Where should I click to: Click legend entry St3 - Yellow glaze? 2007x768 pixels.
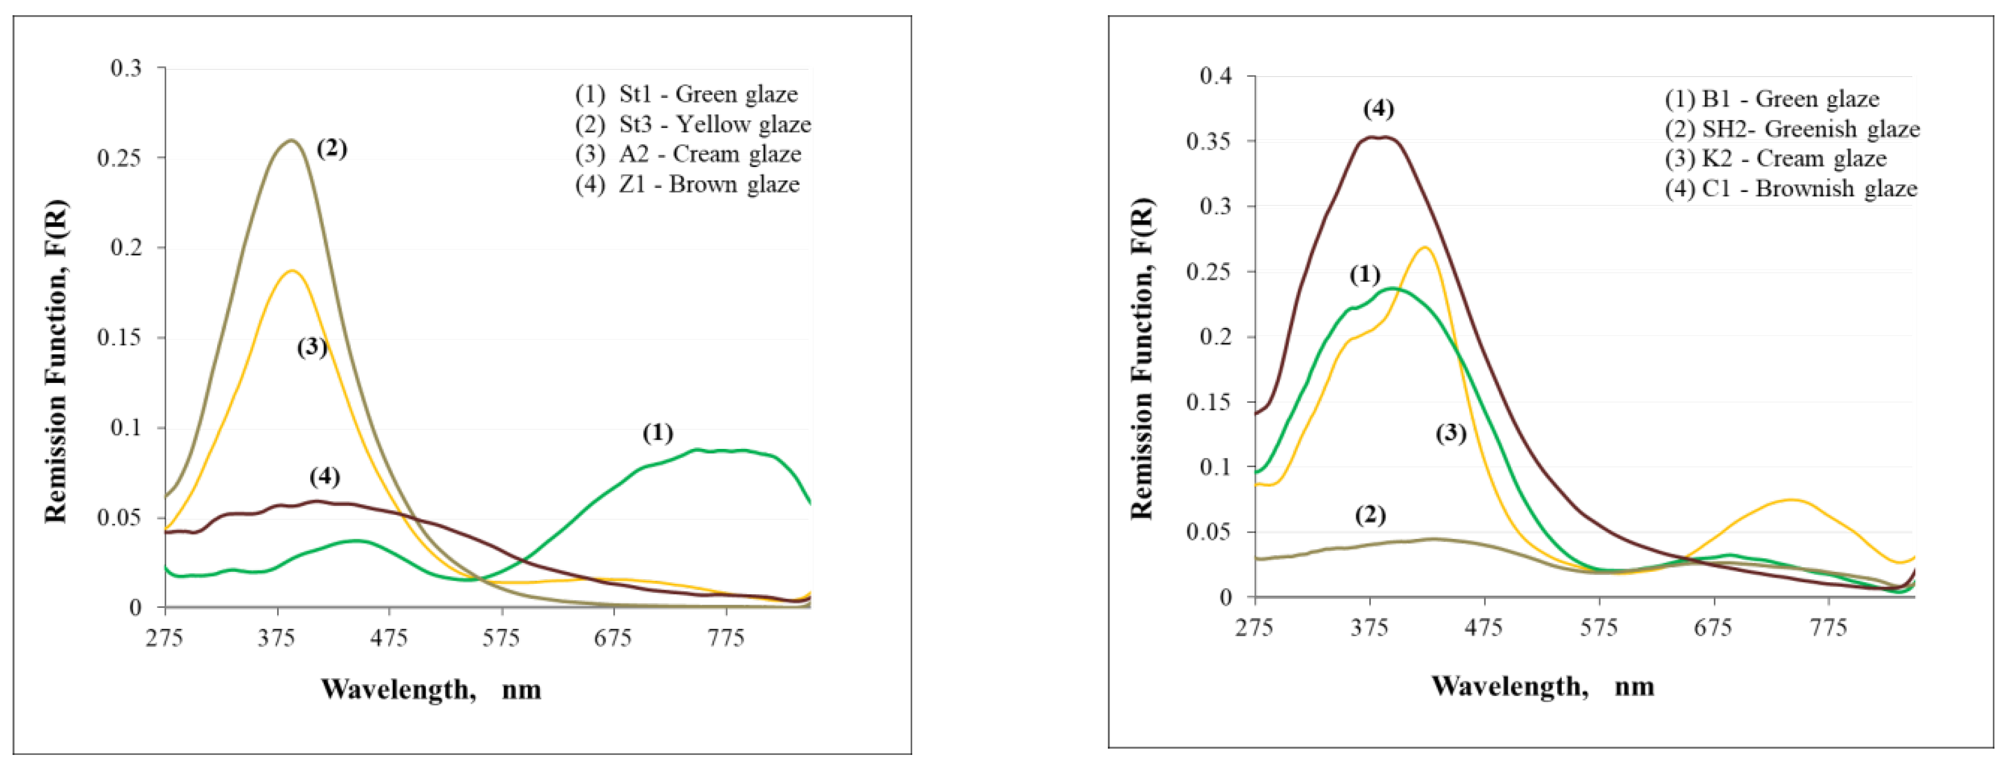(693, 124)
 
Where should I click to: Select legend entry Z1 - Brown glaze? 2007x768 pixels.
(687, 185)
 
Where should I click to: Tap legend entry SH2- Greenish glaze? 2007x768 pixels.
(1792, 129)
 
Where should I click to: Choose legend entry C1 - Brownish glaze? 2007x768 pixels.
(1790, 188)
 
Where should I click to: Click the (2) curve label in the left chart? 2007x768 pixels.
(331, 148)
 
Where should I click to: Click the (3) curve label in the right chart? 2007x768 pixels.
(1450, 433)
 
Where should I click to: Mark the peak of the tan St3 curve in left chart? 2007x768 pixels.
(291, 141)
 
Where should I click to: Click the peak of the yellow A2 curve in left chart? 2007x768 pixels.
(292, 271)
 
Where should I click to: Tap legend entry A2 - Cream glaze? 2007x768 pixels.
(688, 154)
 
